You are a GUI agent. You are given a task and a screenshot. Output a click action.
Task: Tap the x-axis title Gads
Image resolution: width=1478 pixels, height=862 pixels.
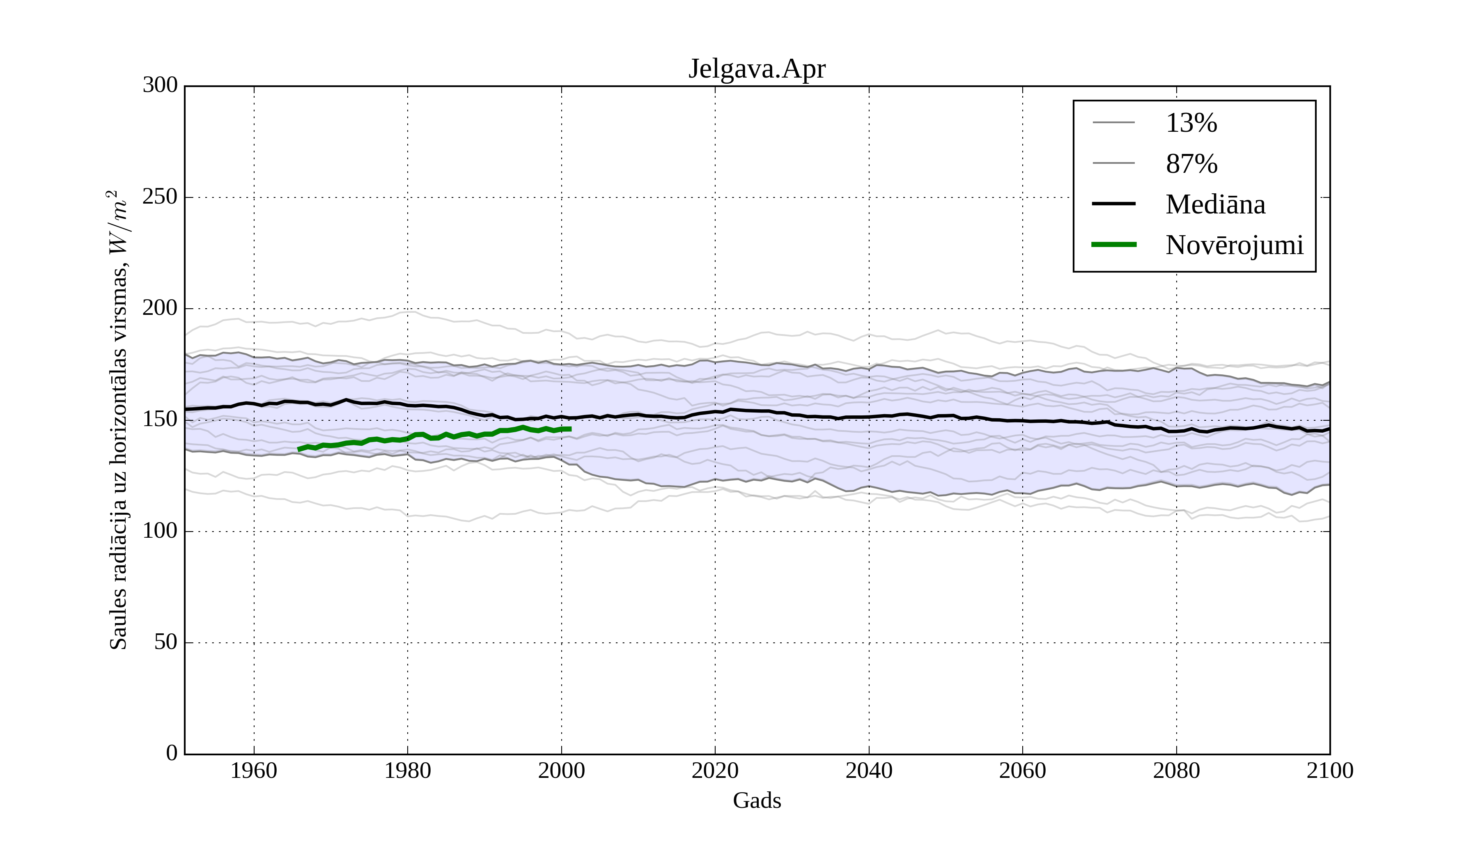click(757, 800)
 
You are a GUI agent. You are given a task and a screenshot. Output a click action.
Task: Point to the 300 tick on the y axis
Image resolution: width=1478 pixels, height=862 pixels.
click(160, 86)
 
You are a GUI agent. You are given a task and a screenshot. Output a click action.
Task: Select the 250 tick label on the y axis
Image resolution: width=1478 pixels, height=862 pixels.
click(160, 197)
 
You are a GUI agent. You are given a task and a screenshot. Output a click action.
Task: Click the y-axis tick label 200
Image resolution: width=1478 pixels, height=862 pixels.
click(160, 308)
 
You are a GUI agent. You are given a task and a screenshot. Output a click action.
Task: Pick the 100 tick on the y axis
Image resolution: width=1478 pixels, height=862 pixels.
click(160, 531)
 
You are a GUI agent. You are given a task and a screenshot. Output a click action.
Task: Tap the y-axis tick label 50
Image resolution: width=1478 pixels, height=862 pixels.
click(166, 643)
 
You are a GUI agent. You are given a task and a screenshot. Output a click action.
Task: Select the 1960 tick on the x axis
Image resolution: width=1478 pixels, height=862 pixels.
click(254, 770)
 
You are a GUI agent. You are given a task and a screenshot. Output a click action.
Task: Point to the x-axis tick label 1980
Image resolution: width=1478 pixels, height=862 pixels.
click(408, 770)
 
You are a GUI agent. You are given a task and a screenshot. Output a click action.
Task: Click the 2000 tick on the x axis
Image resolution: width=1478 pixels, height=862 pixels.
click(561, 770)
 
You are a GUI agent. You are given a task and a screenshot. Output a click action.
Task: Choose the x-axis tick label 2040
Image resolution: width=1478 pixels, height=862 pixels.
click(869, 770)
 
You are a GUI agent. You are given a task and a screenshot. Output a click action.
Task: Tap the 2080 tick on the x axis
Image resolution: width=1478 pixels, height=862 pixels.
click(1176, 770)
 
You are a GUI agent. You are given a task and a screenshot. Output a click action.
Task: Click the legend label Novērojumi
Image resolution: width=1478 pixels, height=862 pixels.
click(1234, 245)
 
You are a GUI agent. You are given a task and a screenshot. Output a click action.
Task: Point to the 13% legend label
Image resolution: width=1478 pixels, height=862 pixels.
click(1191, 123)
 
